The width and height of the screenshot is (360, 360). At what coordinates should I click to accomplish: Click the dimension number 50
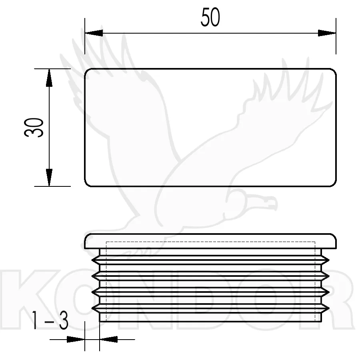click(x=210, y=17)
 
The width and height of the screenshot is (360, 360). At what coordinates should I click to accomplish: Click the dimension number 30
click(x=34, y=128)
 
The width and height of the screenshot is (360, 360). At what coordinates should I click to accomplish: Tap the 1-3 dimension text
click(x=50, y=320)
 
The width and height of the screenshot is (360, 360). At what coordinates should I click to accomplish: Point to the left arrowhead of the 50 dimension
click(x=94, y=33)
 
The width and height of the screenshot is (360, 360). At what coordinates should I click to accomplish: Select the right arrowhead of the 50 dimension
click(x=327, y=33)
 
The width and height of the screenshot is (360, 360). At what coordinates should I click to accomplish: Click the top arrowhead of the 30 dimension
click(x=49, y=78)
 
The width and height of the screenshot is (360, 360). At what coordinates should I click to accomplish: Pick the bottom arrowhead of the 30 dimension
click(x=49, y=178)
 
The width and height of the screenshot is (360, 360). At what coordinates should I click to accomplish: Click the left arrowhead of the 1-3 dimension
click(x=76, y=339)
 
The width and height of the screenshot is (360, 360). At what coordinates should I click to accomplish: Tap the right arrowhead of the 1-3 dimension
click(x=108, y=339)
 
